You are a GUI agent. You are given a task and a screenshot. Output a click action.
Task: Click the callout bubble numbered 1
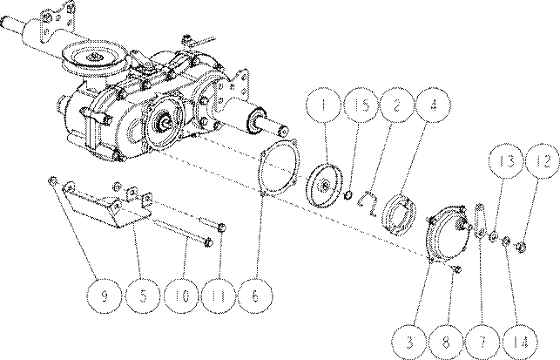click(324, 105)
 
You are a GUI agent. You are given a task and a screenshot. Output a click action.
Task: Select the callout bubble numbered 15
click(361, 105)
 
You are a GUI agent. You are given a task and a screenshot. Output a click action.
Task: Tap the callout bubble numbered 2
click(397, 105)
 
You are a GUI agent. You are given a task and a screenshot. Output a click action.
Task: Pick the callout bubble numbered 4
click(434, 105)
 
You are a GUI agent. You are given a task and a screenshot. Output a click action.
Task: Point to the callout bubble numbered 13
click(506, 161)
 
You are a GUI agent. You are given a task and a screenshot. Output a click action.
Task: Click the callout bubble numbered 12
click(543, 161)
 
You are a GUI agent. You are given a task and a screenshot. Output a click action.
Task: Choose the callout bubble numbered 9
click(105, 296)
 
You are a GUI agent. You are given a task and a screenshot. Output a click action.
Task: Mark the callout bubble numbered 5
click(143, 296)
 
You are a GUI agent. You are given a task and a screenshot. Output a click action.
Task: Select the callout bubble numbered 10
click(182, 296)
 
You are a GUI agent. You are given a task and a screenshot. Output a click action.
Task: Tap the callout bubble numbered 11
click(219, 296)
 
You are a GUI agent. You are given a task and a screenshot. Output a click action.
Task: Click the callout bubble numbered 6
click(255, 296)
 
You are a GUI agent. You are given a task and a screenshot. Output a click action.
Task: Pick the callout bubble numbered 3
click(409, 342)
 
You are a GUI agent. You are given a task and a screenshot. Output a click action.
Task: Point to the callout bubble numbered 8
click(447, 342)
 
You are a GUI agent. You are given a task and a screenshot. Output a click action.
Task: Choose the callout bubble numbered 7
click(482, 342)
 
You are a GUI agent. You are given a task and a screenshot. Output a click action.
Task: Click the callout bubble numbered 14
click(520, 342)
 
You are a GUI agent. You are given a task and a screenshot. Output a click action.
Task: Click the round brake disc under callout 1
click(324, 185)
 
